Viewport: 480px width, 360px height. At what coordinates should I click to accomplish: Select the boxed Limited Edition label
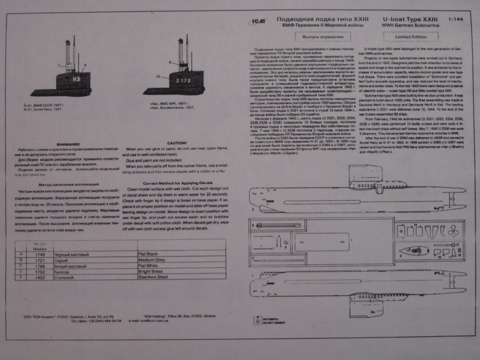pos(411,37)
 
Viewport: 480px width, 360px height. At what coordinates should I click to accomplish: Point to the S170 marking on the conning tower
pos(183,81)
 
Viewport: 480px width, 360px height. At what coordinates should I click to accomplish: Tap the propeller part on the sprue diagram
pos(453,231)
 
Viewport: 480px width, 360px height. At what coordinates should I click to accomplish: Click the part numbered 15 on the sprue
pos(401,231)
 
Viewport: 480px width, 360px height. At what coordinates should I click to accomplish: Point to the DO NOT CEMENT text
pos(271,323)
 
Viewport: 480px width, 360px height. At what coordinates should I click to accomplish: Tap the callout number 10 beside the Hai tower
pos(158,76)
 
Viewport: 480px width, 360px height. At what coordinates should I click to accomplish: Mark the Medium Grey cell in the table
pos(151,260)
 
